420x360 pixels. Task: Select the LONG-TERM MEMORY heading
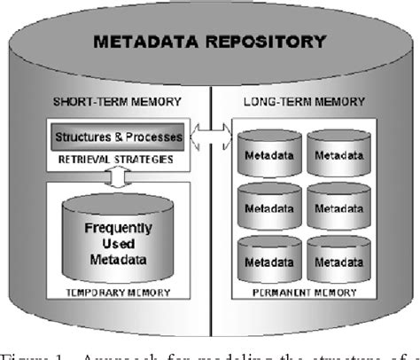coord(307,102)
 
